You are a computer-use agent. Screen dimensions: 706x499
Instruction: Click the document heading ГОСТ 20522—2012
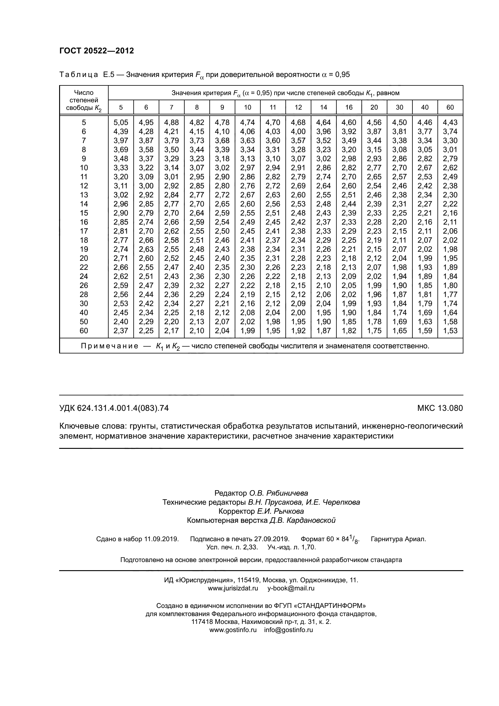(x=97, y=51)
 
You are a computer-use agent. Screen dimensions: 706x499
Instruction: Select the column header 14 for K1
(x=323, y=107)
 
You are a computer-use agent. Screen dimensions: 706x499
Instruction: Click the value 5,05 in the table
(x=121, y=122)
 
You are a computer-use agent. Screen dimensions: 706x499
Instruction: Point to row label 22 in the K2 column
(x=84, y=267)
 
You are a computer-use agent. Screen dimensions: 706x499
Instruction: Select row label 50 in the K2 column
(x=84, y=322)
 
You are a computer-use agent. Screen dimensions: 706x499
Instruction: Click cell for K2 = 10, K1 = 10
(x=247, y=168)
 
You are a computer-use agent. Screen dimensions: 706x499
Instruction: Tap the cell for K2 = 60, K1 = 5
(x=121, y=331)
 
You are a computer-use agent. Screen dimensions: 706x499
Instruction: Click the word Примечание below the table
(x=110, y=346)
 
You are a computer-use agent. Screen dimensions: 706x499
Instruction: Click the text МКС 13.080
(x=440, y=408)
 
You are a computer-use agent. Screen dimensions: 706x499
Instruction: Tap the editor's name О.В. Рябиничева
(x=278, y=493)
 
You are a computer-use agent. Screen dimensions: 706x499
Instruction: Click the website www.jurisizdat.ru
(x=233, y=589)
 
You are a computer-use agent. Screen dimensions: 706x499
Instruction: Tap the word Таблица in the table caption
(x=79, y=75)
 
